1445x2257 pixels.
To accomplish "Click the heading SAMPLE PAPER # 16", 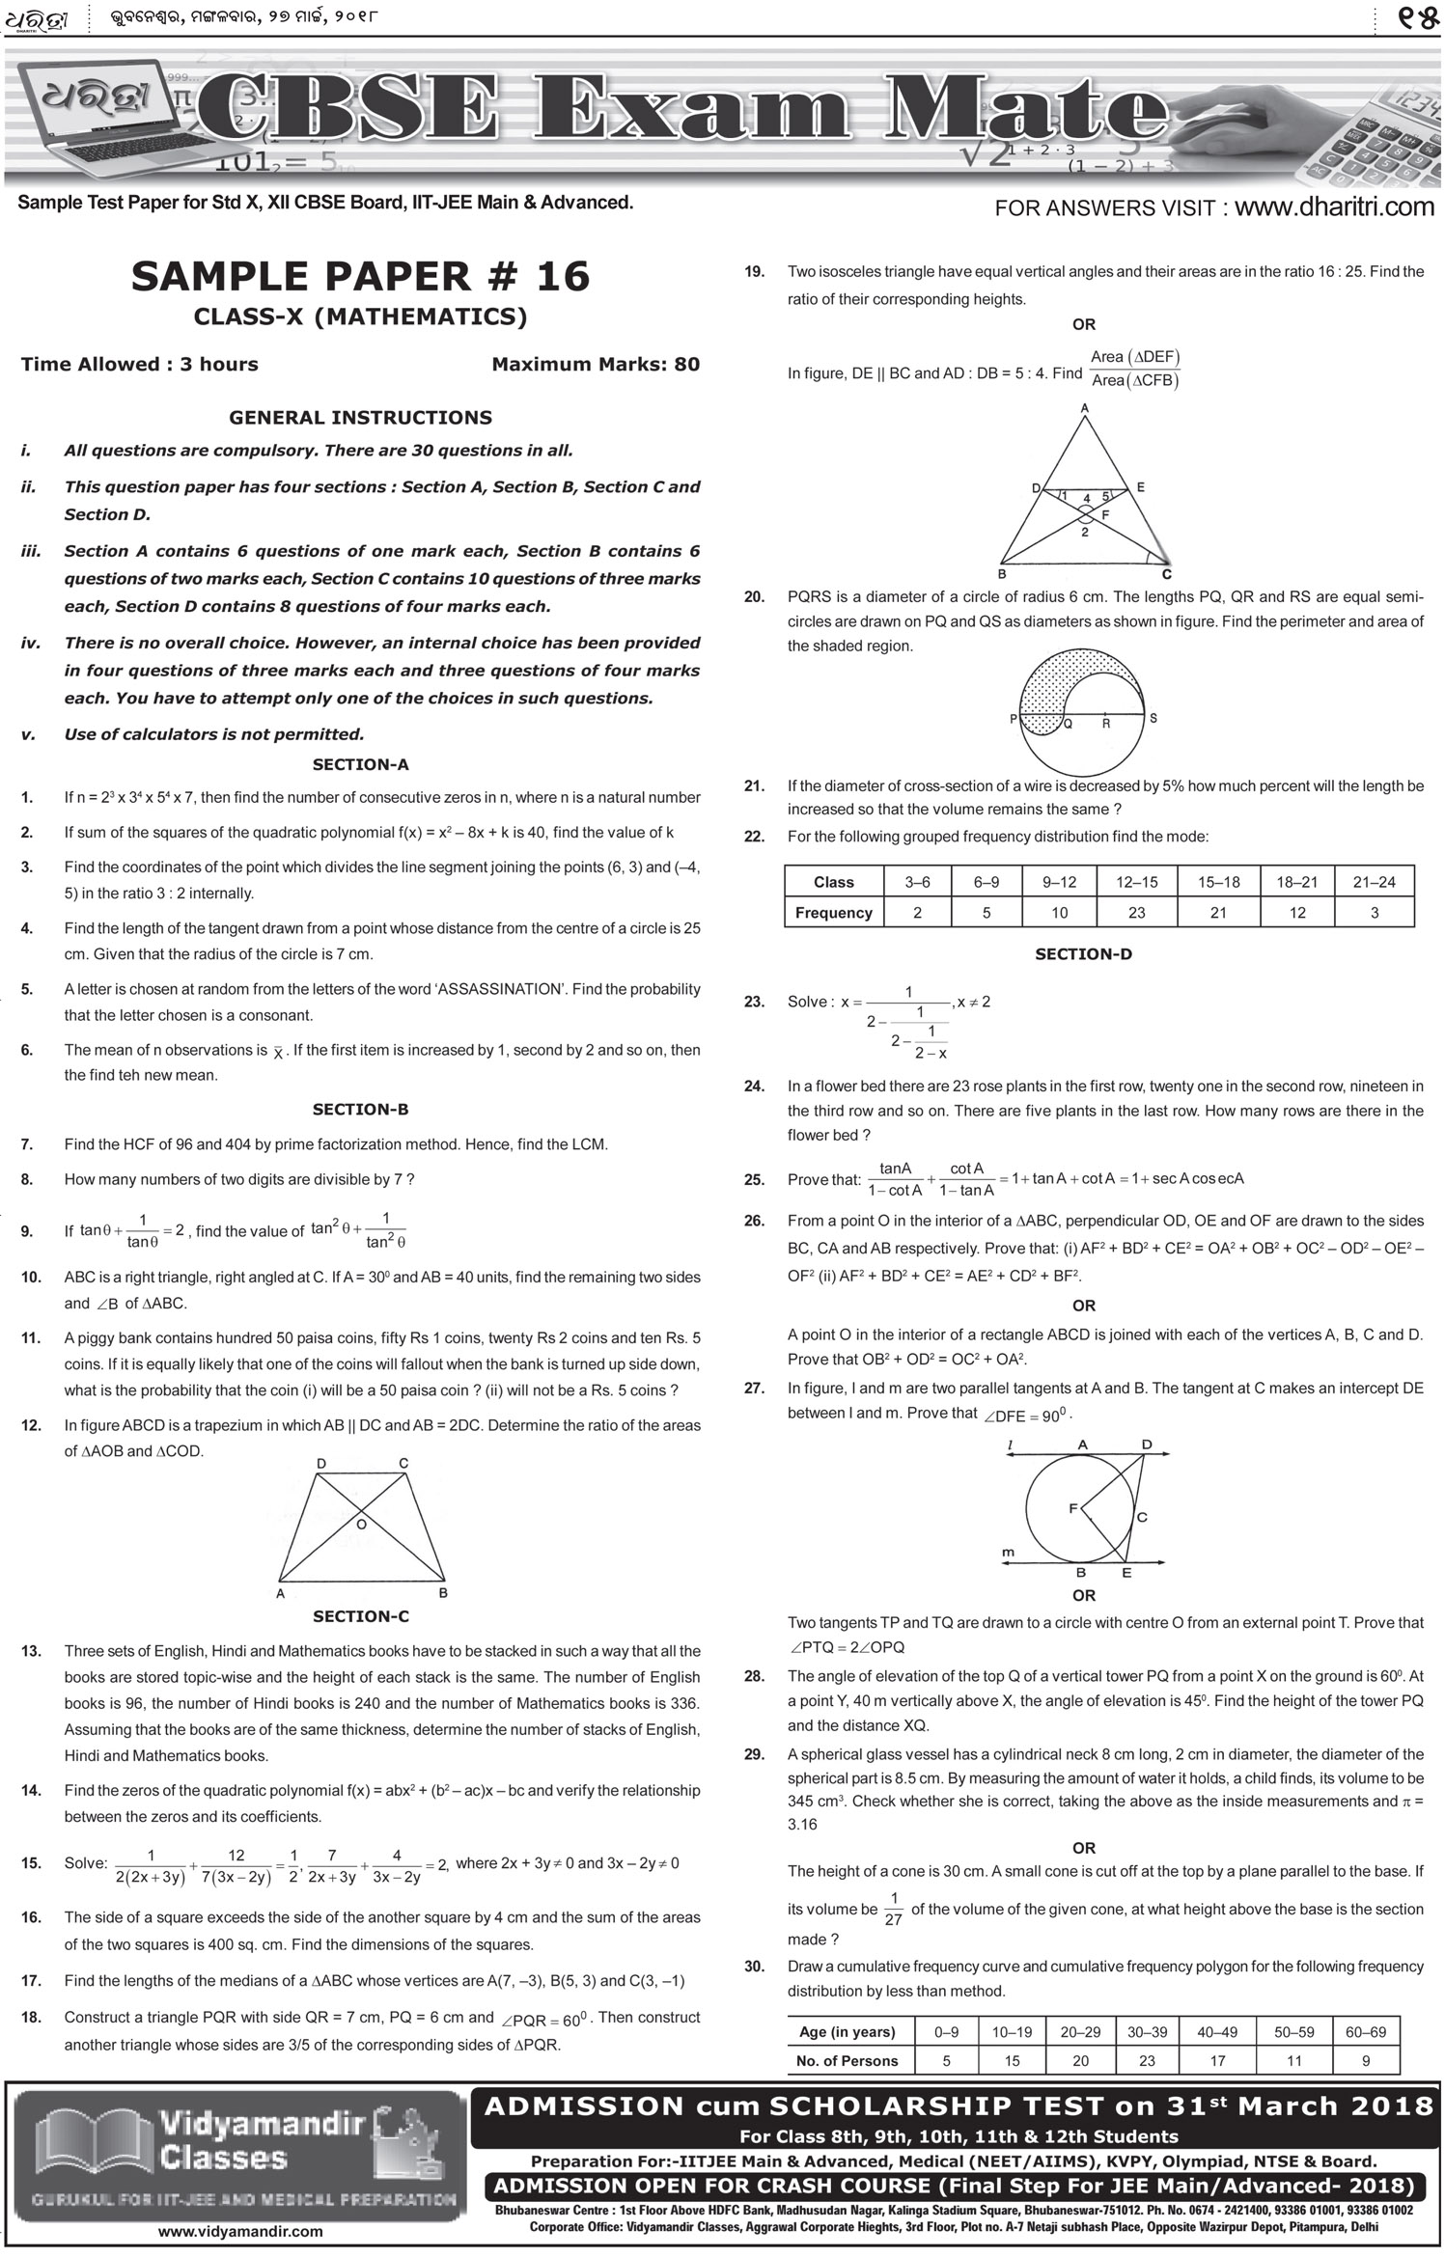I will (x=360, y=277).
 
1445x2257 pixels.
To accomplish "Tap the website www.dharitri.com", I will (x=1334, y=206).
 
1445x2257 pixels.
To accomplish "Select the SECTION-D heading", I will (x=1083, y=954).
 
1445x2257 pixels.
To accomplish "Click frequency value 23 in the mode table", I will (x=1136, y=913).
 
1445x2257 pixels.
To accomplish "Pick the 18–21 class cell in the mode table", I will (x=1296, y=882).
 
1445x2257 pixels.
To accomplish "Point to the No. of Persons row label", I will (x=847, y=2060).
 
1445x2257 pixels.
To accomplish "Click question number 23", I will (x=754, y=1002).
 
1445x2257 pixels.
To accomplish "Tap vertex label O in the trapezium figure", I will (x=361, y=1524).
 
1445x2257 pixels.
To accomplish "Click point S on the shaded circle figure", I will (x=1153, y=719).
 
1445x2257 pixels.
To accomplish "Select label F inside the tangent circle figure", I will (x=1072, y=1508).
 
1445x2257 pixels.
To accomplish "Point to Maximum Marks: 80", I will (x=596, y=365).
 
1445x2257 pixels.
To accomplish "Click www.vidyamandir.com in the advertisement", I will (x=240, y=2232).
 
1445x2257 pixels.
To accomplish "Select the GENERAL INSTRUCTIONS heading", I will (x=360, y=418).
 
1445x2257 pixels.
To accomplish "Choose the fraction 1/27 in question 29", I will (x=893, y=1910).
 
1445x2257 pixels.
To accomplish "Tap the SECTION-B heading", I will (x=360, y=1110).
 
